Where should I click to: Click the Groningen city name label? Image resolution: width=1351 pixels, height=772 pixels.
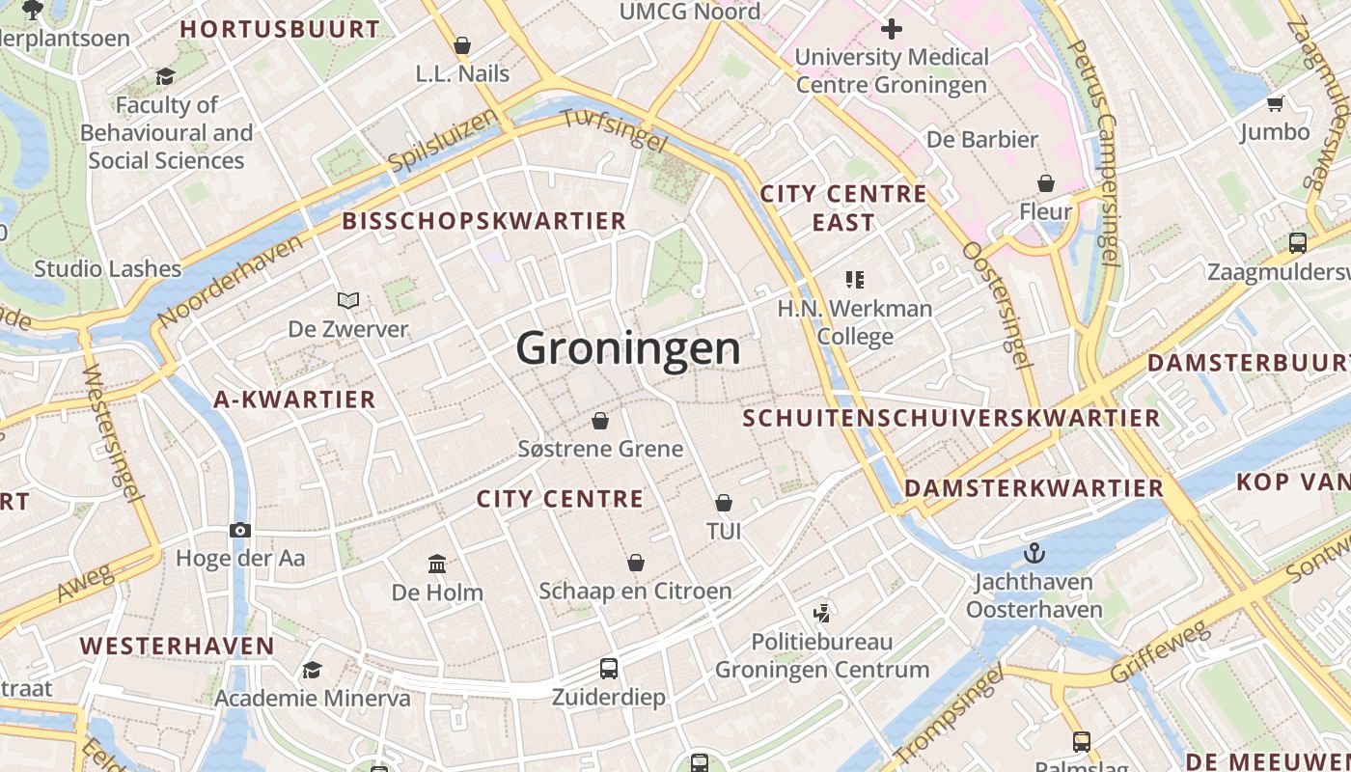[628, 348]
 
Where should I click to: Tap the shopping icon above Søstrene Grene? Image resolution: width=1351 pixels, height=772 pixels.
[600, 421]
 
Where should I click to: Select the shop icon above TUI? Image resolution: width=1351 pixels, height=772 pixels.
[724, 503]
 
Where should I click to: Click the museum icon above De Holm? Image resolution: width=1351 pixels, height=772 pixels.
[437, 564]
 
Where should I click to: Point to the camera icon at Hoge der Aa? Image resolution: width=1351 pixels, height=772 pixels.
[240, 530]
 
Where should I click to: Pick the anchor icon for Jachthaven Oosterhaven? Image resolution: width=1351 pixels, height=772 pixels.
[1034, 553]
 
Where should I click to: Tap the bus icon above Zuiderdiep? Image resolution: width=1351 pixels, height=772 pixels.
[609, 668]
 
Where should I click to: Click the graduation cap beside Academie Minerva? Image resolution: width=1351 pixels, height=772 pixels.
[312, 670]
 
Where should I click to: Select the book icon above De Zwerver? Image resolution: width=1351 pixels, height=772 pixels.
[348, 301]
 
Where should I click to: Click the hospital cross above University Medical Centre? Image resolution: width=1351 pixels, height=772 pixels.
[892, 29]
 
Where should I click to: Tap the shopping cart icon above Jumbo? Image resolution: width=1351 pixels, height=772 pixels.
[1276, 103]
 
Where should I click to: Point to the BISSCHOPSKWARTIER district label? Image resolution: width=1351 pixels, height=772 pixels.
[484, 221]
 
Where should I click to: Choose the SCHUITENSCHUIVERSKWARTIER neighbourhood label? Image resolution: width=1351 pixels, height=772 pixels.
[951, 418]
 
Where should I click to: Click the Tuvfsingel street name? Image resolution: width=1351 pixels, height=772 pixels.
[614, 129]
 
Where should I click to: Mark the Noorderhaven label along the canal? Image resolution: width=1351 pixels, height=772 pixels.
[230, 280]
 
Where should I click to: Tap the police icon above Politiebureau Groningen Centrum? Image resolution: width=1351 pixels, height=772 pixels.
[822, 613]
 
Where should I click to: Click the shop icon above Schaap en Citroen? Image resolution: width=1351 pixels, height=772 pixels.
[636, 563]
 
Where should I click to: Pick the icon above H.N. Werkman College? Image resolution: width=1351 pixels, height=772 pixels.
[855, 280]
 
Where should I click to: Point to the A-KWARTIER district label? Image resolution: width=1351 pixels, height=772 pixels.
[294, 400]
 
